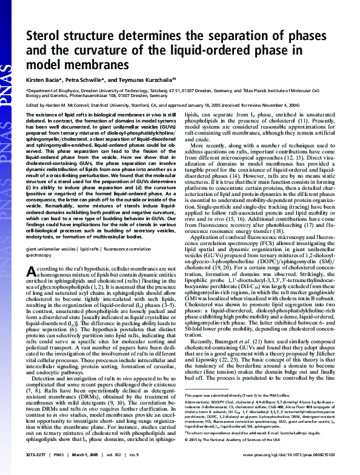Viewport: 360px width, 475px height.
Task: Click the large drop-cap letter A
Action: pyautogui.click(x=32, y=274)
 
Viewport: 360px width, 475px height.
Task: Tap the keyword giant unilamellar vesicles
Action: pyautogui.click(x=52, y=249)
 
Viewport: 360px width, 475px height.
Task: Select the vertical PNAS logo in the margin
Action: pyautogui.click(x=8, y=97)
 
